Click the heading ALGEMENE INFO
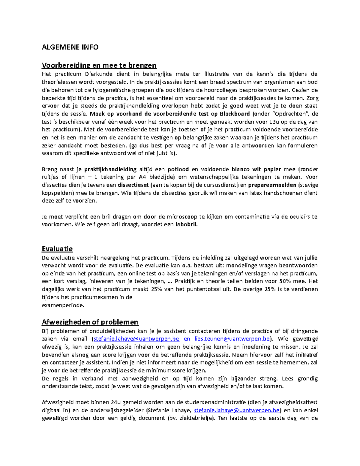(x=70, y=47)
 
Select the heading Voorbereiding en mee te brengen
(x=99, y=65)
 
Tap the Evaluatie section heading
(x=57, y=249)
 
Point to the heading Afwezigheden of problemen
(x=90, y=322)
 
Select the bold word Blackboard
(x=235, y=114)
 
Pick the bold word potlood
(x=178, y=169)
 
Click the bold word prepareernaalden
(x=272, y=185)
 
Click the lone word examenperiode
(x=63, y=305)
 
